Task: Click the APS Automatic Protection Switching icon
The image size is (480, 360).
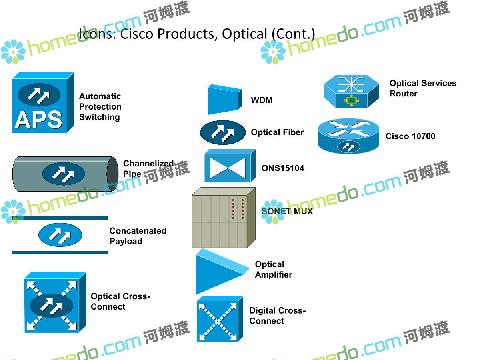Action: tap(42, 103)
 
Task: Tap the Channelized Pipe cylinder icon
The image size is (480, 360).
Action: tap(64, 174)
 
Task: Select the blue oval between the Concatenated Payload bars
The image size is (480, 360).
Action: tap(60, 235)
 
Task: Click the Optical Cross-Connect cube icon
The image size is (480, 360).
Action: tap(54, 303)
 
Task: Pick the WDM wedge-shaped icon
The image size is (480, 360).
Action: tap(224, 99)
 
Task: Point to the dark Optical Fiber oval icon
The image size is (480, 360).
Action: tap(223, 132)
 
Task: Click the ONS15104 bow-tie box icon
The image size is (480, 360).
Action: tap(229, 166)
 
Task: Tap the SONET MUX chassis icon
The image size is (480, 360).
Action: tap(223, 218)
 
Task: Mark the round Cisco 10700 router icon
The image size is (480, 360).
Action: tap(348, 136)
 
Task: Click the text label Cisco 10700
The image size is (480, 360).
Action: tap(410, 136)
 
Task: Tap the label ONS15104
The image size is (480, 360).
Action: tap(283, 168)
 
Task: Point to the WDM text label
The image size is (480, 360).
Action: tap(262, 100)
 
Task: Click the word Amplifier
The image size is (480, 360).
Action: tap(274, 275)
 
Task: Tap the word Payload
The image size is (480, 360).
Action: tap(126, 241)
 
